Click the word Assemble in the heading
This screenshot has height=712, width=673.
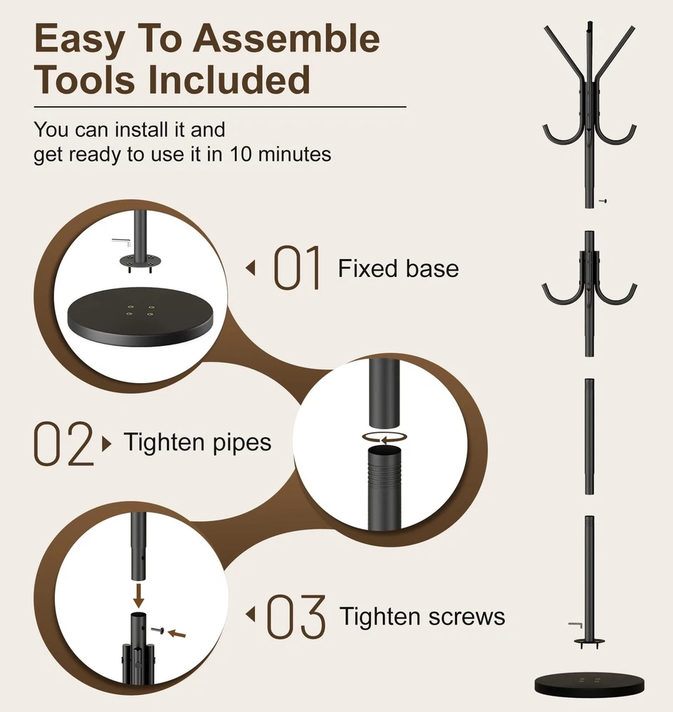286,38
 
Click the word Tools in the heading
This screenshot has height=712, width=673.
85,80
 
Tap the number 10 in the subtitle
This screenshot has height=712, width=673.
240,155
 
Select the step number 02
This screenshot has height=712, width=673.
63,444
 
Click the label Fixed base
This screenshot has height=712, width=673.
398,268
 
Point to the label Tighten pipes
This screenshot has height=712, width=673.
197,443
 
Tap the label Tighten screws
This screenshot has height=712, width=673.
422,617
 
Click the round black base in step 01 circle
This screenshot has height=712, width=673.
140,317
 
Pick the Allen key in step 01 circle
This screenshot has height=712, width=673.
122,243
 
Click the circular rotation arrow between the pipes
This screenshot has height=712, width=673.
384,438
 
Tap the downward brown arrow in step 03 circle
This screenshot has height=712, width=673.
138,596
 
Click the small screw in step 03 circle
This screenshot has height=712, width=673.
157,630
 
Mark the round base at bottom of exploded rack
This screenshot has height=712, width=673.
590,685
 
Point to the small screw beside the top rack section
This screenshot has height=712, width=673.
602,201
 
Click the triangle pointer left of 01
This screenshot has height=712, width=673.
250,268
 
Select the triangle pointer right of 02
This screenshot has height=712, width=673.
107,444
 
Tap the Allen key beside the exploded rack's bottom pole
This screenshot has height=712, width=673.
576,625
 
